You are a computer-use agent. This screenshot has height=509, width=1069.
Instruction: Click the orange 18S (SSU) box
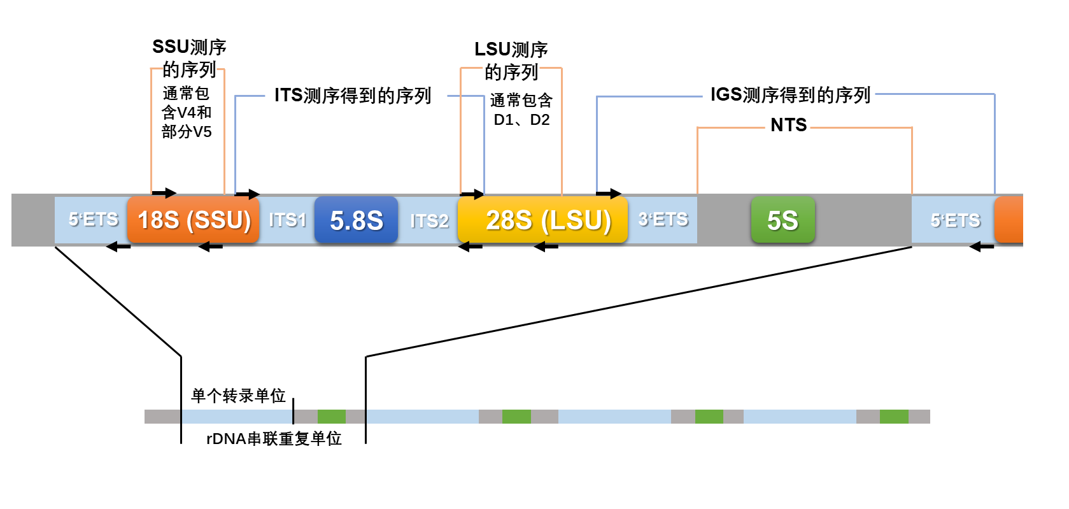pyautogui.click(x=194, y=220)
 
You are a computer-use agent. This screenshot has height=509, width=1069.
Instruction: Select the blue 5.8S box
pyautogui.click(x=356, y=220)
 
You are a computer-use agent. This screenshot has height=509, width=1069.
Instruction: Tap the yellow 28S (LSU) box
pyautogui.click(x=542, y=220)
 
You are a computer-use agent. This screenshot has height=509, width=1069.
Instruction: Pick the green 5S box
pyautogui.click(x=782, y=220)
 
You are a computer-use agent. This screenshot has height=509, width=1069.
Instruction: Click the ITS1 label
pyautogui.click(x=287, y=220)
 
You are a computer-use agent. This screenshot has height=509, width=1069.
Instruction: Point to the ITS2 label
pyautogui.click(x=429, y=220)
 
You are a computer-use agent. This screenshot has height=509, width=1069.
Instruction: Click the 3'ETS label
pyautogui.click(x=663, y=219)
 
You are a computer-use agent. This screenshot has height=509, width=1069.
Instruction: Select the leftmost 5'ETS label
pyautogui.click(x=93, y=219)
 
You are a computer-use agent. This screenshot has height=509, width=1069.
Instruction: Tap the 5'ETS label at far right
pyautogui.click(x=955, y=220)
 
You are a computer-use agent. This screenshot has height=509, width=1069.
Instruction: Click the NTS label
pyautogui.click(x=788, y=125)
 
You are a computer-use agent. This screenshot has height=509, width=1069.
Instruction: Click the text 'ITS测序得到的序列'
pyautogui.click(x=353, y=96)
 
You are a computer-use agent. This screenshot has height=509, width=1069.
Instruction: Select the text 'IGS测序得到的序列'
pyautogui.click(x=790, y=95)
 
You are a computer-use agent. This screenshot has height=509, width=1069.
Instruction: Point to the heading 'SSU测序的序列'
pyautogui.click(x=189, y=58)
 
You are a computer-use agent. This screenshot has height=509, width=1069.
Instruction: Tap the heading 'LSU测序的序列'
pyautogui.click(x=511, y=61)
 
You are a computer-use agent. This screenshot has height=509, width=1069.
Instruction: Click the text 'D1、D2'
pyautogui.click(x=521, y=120)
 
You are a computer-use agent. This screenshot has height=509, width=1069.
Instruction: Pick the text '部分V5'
pyautogui.click(x=187, y=132)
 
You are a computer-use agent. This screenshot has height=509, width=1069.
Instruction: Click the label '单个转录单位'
pyautogui.click(x=238, y=396)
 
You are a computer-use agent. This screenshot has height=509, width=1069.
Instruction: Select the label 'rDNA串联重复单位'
pyautogui.click(x=274, y=438)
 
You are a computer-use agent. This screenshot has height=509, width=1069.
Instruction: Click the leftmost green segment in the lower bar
pyautogui.click(x=332, y=417)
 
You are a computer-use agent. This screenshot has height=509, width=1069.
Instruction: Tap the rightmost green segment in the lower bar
pyautogui.click(x=894, y=417)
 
